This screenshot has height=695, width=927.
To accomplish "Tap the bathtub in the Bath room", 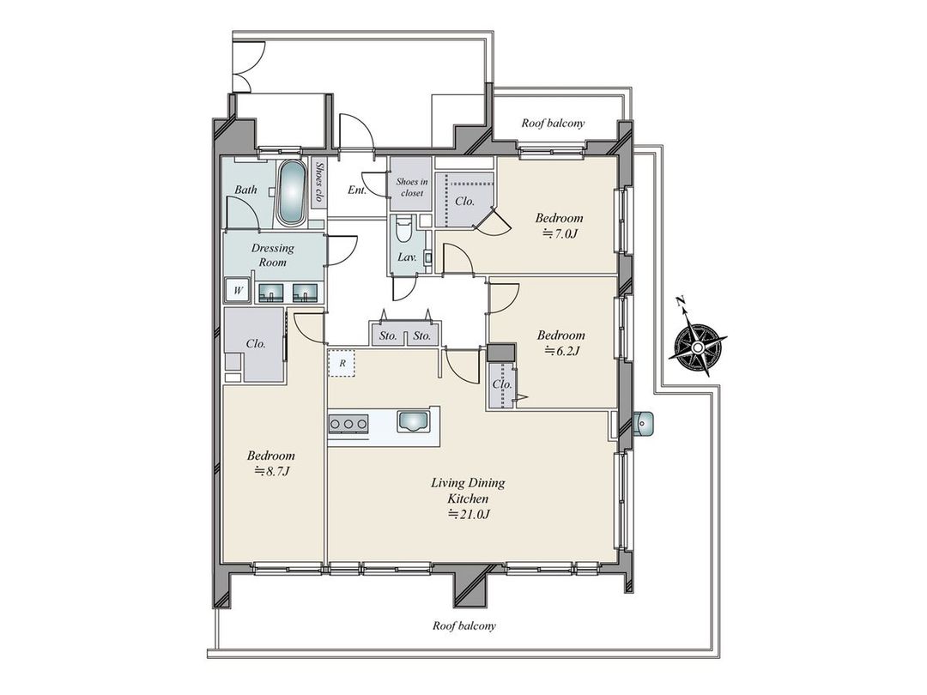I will point(290,192).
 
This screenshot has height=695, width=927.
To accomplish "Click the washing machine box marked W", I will point(237,291).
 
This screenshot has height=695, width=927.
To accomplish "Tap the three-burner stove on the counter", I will point(348,422).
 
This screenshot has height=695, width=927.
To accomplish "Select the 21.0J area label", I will point(468,515).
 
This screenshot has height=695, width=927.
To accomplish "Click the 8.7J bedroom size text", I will point(270,471).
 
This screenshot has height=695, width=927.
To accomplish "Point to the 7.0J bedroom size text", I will point(559,234).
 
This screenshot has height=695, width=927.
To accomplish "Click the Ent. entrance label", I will point(357,190).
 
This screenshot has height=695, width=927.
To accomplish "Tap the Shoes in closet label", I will point(409,187).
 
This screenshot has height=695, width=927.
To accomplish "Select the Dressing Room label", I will point(272,255).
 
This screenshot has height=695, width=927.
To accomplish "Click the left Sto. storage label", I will point(388,335).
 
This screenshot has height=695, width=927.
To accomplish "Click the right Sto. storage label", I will point(421,335).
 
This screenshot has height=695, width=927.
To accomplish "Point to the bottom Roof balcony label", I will point(464,625).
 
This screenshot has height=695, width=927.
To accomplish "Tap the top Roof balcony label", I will point(553,123).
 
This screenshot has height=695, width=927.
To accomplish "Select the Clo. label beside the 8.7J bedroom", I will point(255,343).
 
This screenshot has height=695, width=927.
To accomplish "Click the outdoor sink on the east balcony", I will point(644,422).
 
